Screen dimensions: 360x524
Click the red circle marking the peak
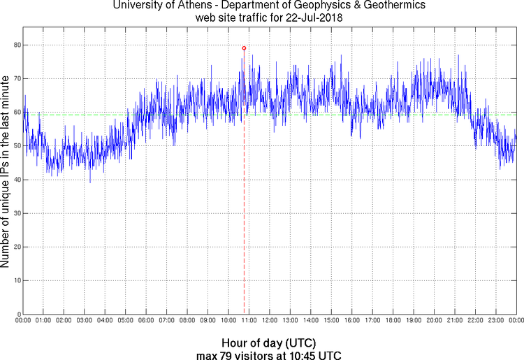click(244, 48)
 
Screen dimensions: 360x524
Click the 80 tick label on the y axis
click(16, 45)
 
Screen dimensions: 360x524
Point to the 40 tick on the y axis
click(16, 180)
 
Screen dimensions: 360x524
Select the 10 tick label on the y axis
click(16, 280)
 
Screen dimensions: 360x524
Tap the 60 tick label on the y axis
click(16, 113)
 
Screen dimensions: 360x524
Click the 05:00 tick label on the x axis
click(126, 321)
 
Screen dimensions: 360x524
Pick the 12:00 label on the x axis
click(270, 321)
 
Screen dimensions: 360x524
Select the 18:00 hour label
click(393, 321)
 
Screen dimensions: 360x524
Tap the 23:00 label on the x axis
click(495, 321)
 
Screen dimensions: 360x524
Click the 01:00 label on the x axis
click(43, 321)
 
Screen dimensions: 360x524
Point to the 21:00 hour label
click(454, 321)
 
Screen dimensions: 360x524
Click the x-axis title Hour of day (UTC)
click(268, 343)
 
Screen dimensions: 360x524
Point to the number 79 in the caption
click(228, 355)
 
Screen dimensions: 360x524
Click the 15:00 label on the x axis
click(331, 321)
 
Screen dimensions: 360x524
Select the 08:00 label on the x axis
click(187, 321)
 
